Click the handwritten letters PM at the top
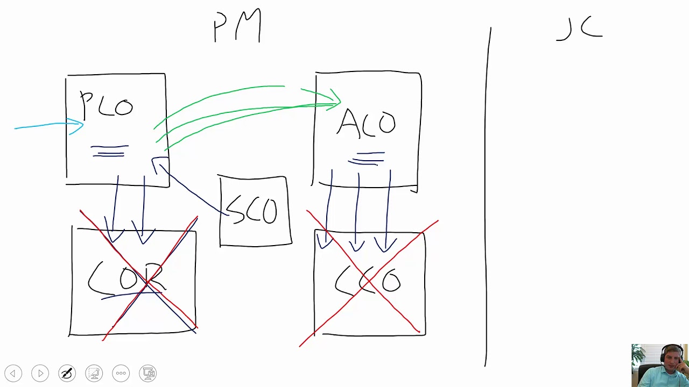click(x=237, y=26)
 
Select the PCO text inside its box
click(x=107, y=105)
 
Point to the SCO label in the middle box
click(x=252, y=210)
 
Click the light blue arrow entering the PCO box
click(x=48, y=126)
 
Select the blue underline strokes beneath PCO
click(x=110, y=151)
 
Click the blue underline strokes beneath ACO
click(x=368, y=158)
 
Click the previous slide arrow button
click(x=13, y=373)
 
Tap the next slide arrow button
click(x=40, y=373)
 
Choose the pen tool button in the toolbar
click(x=67, y=373)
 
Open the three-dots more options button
click(x=121, y=373)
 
